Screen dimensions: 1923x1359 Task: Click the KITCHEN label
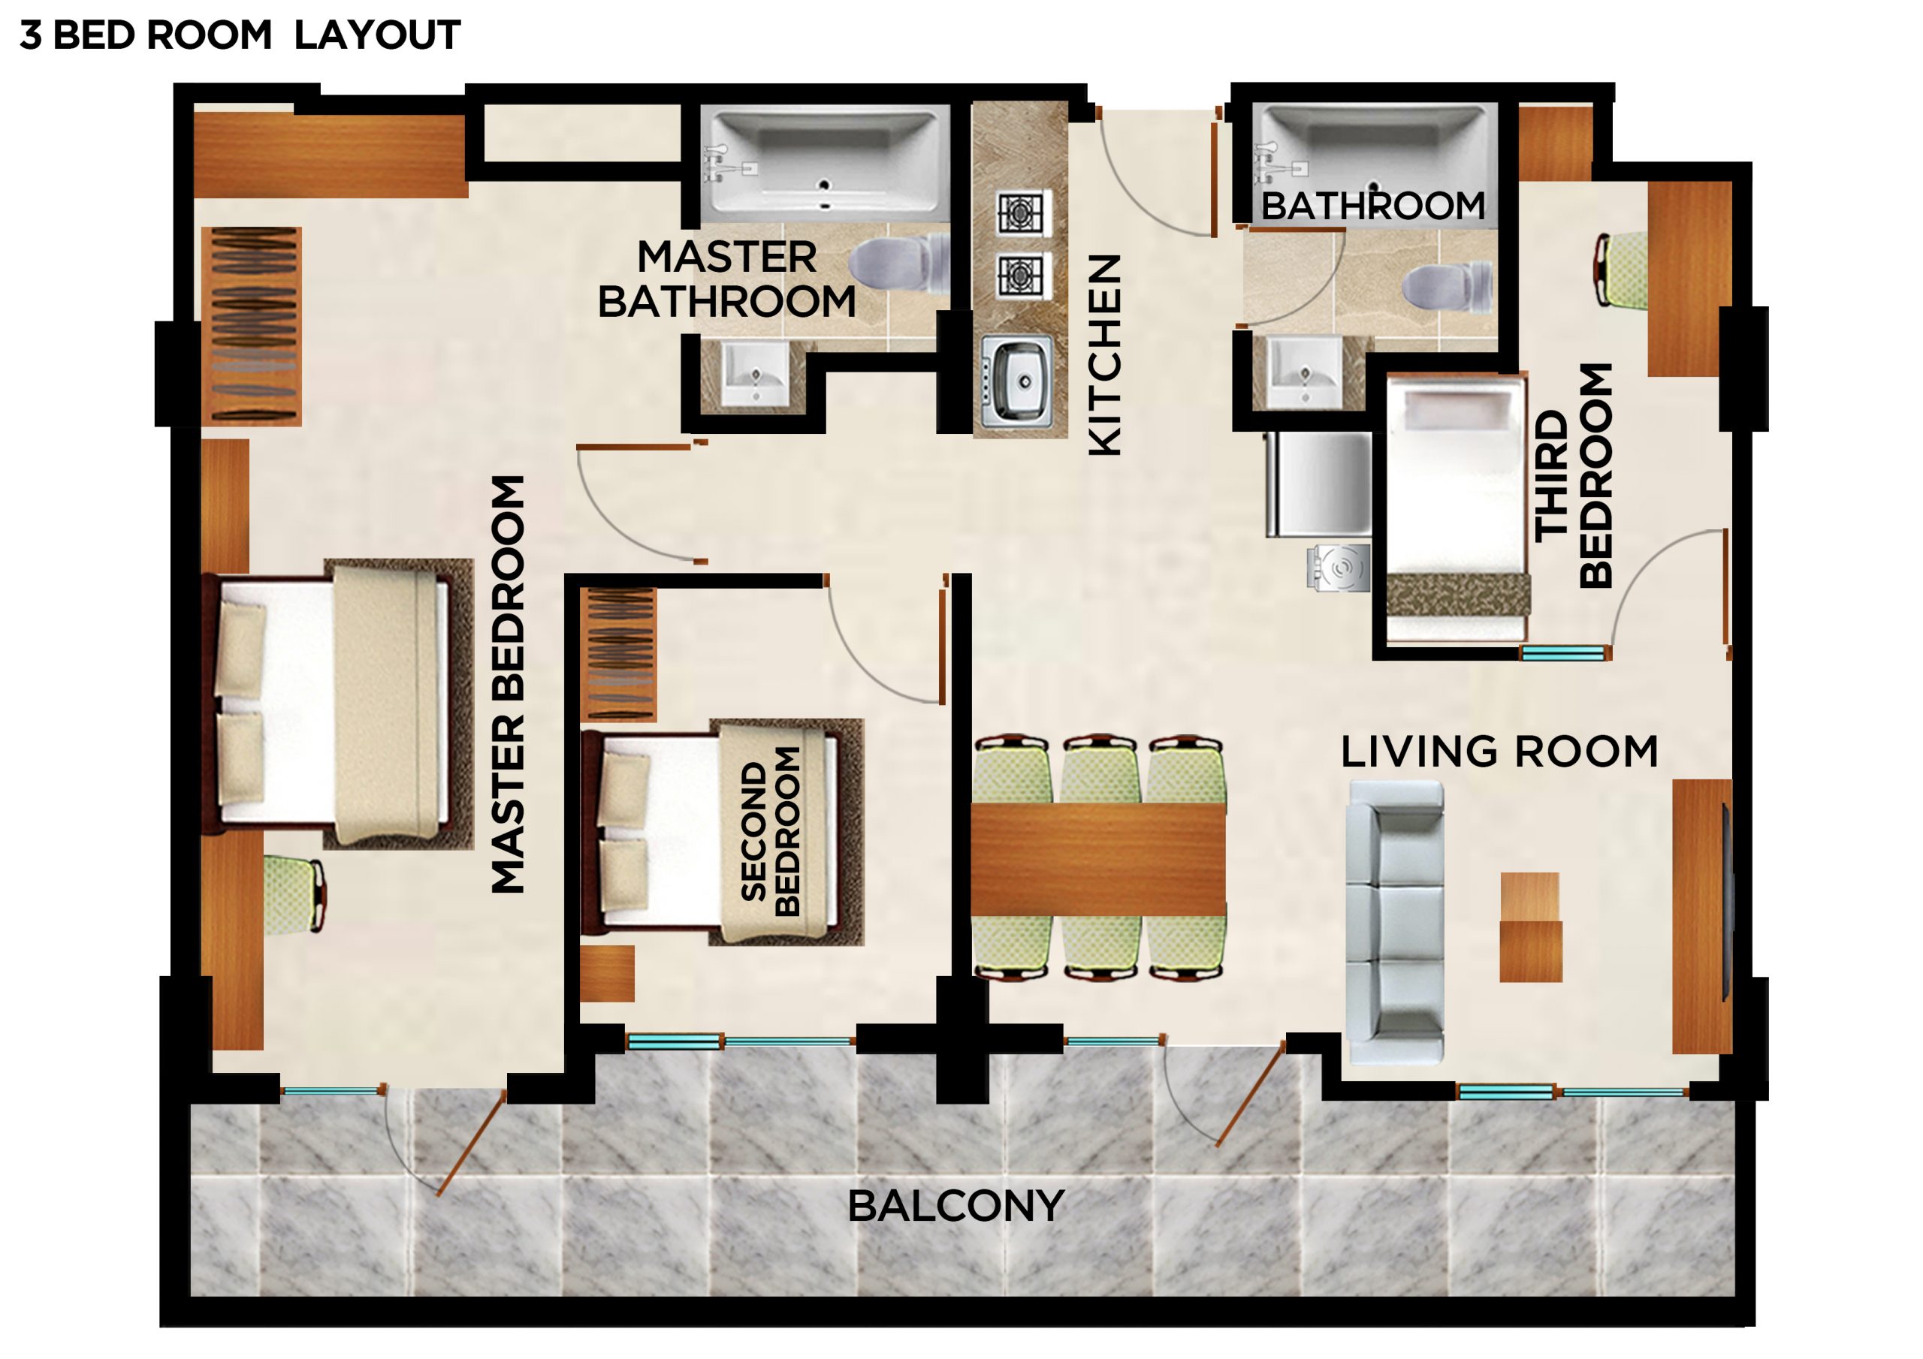coord(1105,355)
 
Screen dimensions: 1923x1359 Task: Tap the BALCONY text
coord(955,1207)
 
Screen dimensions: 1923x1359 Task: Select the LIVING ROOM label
coord(1499,751)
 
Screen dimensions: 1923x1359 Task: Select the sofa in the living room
coord(1394,924)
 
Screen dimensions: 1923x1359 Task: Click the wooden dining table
coord(1098,859)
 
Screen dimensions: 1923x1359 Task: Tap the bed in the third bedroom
coord(1457,511)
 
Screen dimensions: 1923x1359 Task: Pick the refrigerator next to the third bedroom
coord(1318,484)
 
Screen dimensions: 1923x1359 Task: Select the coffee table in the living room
coord(1530,927)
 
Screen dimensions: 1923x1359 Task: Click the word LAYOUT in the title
coord(377,35)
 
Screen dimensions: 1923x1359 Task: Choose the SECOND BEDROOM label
coord(771,831)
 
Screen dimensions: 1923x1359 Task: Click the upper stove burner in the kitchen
coord(1022,213)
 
